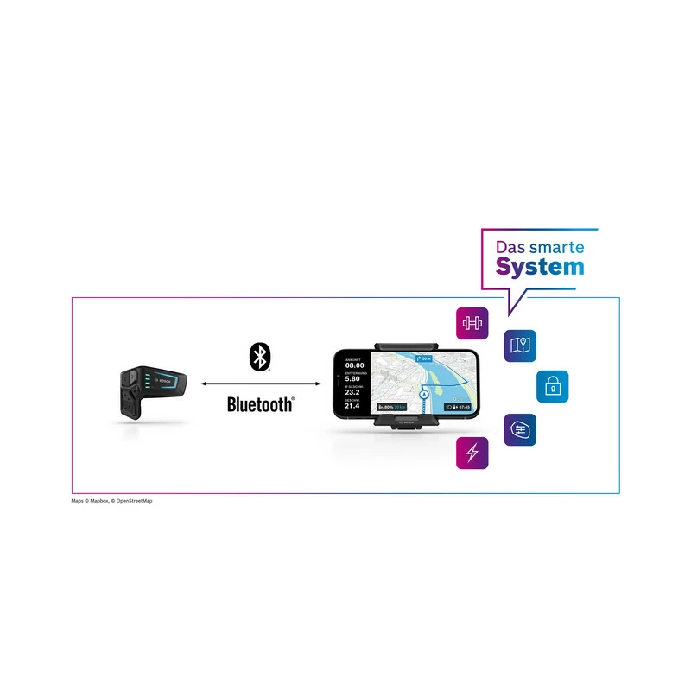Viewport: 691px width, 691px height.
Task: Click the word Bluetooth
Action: point(260,403)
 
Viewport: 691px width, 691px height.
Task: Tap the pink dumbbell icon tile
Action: point(472,324)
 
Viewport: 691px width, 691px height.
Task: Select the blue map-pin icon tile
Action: point(520,346)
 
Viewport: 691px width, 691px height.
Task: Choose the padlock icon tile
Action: point(552,386)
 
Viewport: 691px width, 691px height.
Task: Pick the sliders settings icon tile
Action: point(520,429)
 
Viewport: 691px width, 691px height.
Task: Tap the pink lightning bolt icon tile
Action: point(472,453)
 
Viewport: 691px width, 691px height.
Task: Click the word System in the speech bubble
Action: point(540,266)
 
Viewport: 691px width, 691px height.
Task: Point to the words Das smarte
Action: point(539,245)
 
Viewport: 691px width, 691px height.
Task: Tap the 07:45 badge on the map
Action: point(458,406)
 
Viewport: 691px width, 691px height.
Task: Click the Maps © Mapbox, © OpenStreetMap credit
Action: point(117,501)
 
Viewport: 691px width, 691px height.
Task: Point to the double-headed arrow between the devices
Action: point(259,384)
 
